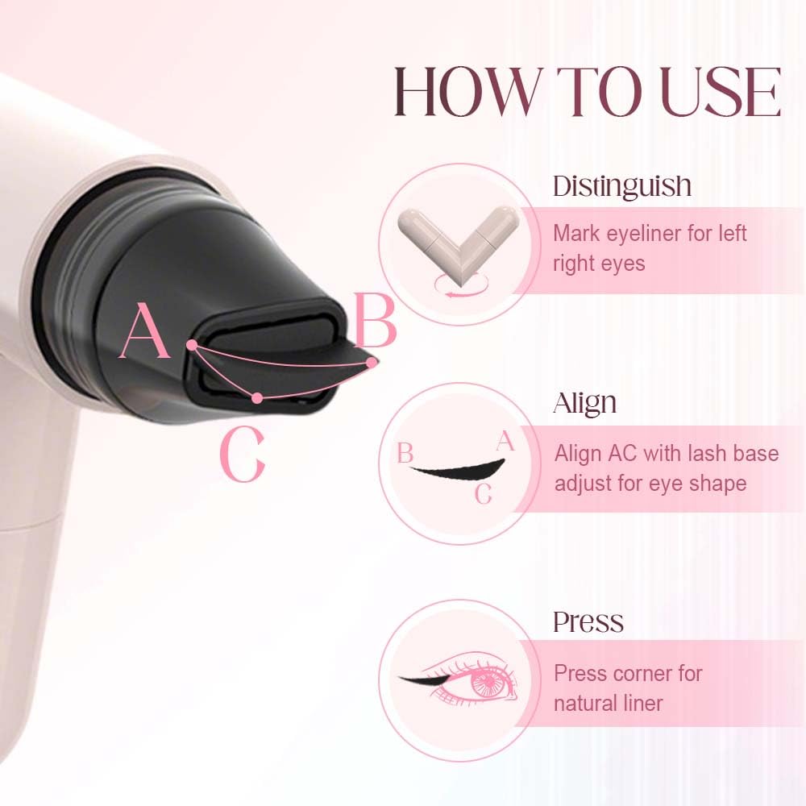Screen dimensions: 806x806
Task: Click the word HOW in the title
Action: pos(458,93)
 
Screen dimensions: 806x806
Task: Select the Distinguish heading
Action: pos(621,186)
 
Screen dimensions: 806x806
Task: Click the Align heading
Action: pos(584,403)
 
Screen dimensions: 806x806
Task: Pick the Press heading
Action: pos(588,621)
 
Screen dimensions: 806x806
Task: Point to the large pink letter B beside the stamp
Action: pos(376,322)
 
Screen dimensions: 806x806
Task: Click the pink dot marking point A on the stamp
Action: pos(192,345)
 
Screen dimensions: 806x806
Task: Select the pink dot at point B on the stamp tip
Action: pos(372,364)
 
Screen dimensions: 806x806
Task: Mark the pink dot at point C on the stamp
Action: pos(256,397)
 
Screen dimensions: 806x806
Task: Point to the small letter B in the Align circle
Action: pos(405,454)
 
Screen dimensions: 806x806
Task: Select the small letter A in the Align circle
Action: pos(505,441)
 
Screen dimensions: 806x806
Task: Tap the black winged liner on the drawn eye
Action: pos(420,681)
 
